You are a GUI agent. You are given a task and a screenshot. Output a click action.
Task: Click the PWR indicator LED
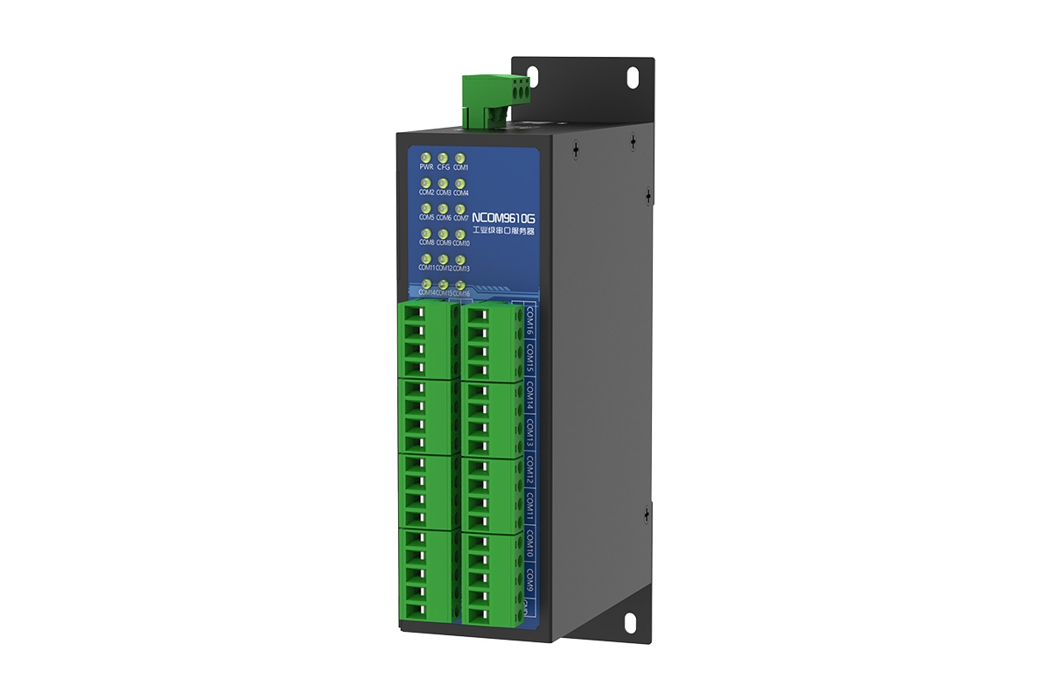(426, 157)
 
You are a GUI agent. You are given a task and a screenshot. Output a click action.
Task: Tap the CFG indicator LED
(443, 157)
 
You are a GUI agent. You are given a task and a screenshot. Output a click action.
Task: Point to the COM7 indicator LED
(460, 208)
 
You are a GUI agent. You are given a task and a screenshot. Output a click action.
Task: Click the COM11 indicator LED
(426, 259)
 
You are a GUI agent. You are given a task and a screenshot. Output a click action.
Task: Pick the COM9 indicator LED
(443, 234)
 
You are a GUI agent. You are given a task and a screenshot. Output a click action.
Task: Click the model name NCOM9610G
(502, 217)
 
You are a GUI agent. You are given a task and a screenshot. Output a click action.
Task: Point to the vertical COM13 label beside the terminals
(530, 432)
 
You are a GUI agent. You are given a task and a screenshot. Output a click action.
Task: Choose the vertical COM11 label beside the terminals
(530, 507)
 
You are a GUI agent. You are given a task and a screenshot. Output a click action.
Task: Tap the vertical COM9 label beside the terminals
(530, 578)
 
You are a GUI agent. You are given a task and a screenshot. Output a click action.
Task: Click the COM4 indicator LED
(460, 183)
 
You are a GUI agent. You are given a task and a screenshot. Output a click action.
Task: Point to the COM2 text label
(426, 192)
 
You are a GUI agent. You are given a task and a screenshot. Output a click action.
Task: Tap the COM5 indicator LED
(426, 208)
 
